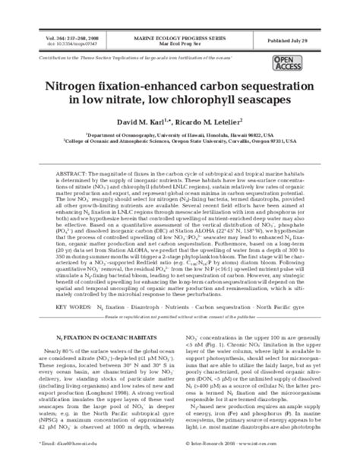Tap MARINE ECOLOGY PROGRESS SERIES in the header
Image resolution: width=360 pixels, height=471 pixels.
coord(179,35)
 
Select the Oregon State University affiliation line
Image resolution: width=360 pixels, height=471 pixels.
coord(179,141)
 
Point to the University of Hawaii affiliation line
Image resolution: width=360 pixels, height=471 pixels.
coord(179,134)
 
